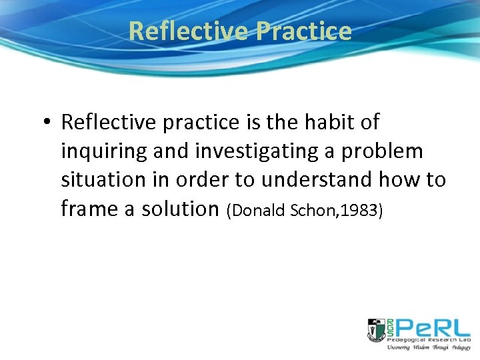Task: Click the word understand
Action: click(331, 180)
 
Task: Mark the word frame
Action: click(91, 209)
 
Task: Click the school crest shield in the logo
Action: click(375, 328)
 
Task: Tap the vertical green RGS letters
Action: click(389, 327)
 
